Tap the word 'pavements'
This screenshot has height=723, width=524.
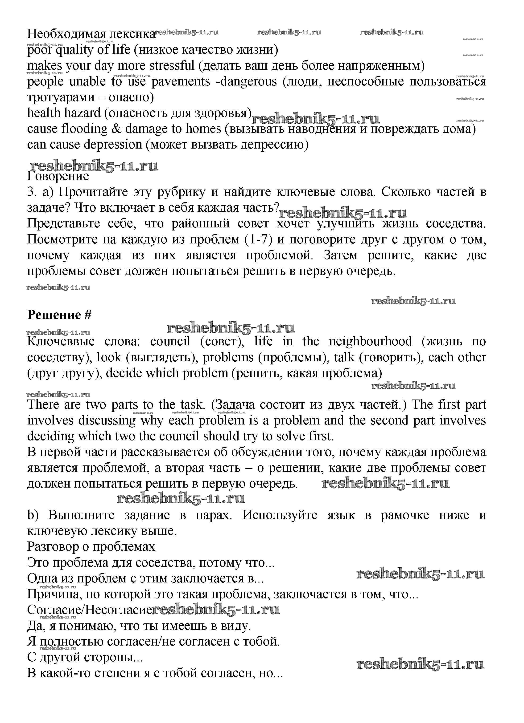(x=181, y=82)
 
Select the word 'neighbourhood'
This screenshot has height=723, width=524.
(x=371, y=341)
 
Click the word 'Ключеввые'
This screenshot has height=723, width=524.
(x=61, y=341)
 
